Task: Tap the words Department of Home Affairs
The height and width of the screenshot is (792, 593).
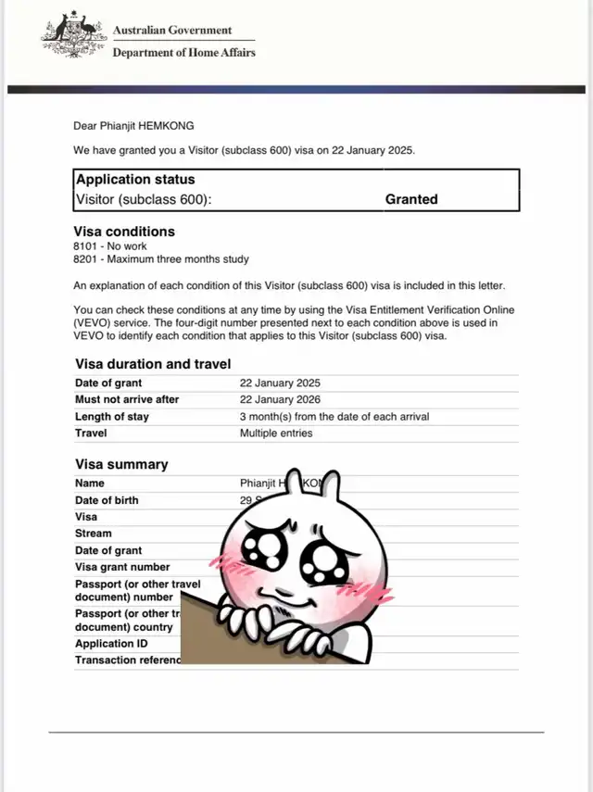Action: pyautogui.click(x=183, y=52)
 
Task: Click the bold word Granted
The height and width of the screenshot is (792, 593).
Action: pyautogui.click(x=411, y=199)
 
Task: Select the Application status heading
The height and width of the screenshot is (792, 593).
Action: pyautogui.click(x=135, y=180)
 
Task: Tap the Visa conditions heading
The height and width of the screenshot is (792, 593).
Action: pyautogui.click(x=124, y=232)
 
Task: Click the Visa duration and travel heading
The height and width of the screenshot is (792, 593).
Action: pyautogui.click(x=153, y=364)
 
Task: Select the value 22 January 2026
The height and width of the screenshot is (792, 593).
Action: pyautogui.click(x=280, y=399)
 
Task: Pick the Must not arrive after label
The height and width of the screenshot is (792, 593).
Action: pyautogui.click(x=127, y=399)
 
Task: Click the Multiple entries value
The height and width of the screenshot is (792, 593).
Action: pyautogui.click(x=276, y=433)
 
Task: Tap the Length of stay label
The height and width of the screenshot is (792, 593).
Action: pyautogui.click(x=112, y=417)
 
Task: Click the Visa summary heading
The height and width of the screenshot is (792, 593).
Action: pyautogui.click(x=121, y=464)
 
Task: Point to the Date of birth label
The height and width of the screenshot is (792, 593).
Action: pyautogui.click(x=107, y=500)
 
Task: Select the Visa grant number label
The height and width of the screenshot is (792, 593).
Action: pyautogui.click(x=122, y=567)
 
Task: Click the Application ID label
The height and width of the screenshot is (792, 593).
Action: pyautogui.click(x=105, y=643)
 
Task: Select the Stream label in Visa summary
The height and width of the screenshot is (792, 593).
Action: pyautogui.click(x=93, y=534)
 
